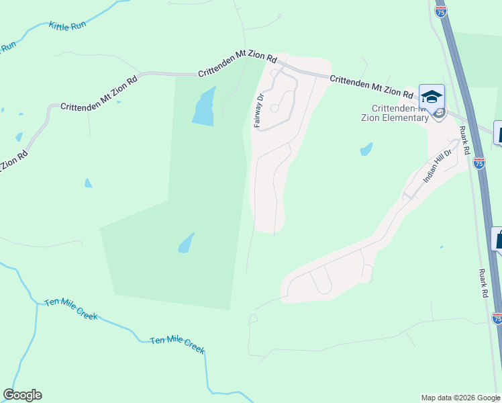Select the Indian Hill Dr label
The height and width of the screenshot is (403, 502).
[439, 166]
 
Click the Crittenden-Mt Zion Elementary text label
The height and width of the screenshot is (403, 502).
[400, 114]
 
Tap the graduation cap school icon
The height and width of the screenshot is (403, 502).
[432, 96]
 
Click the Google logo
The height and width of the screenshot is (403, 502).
[22, 395]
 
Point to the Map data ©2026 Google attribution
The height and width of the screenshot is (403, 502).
[460, 398]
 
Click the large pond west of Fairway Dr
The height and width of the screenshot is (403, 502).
[204, 106]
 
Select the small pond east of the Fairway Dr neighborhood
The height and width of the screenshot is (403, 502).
[366, 148]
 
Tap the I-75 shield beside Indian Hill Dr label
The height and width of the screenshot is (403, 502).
[479, 162]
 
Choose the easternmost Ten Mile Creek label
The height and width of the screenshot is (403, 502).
[177, 344]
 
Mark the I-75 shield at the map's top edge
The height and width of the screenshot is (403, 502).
[440, 11]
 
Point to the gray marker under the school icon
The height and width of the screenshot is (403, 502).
[439, 113]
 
